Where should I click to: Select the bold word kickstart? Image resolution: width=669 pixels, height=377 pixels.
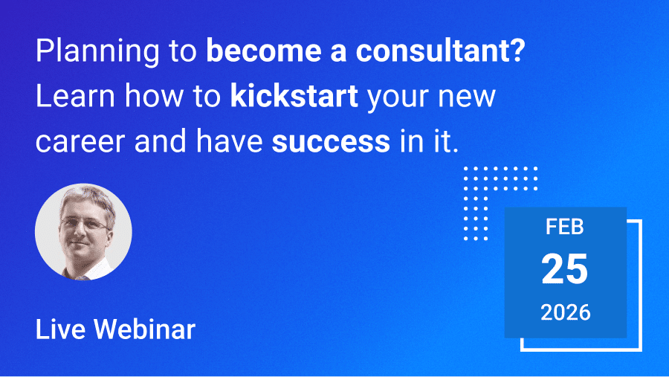[294, 96]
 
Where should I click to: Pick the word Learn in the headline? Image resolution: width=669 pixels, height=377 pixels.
[75, 96]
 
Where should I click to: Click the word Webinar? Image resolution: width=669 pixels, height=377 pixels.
[144, 329]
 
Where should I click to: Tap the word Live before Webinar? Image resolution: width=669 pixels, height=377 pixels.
[60, 329]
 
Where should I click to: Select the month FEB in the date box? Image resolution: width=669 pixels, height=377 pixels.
[564, 227]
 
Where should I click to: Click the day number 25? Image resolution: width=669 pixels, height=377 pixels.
[564, 269]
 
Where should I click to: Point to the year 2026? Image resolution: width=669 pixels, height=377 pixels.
[566, 312]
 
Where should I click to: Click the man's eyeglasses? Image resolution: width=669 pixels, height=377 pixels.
[85, 223]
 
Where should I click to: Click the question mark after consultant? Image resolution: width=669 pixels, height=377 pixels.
[517, 51]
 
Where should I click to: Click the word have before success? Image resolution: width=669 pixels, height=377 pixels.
[229, 141]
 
